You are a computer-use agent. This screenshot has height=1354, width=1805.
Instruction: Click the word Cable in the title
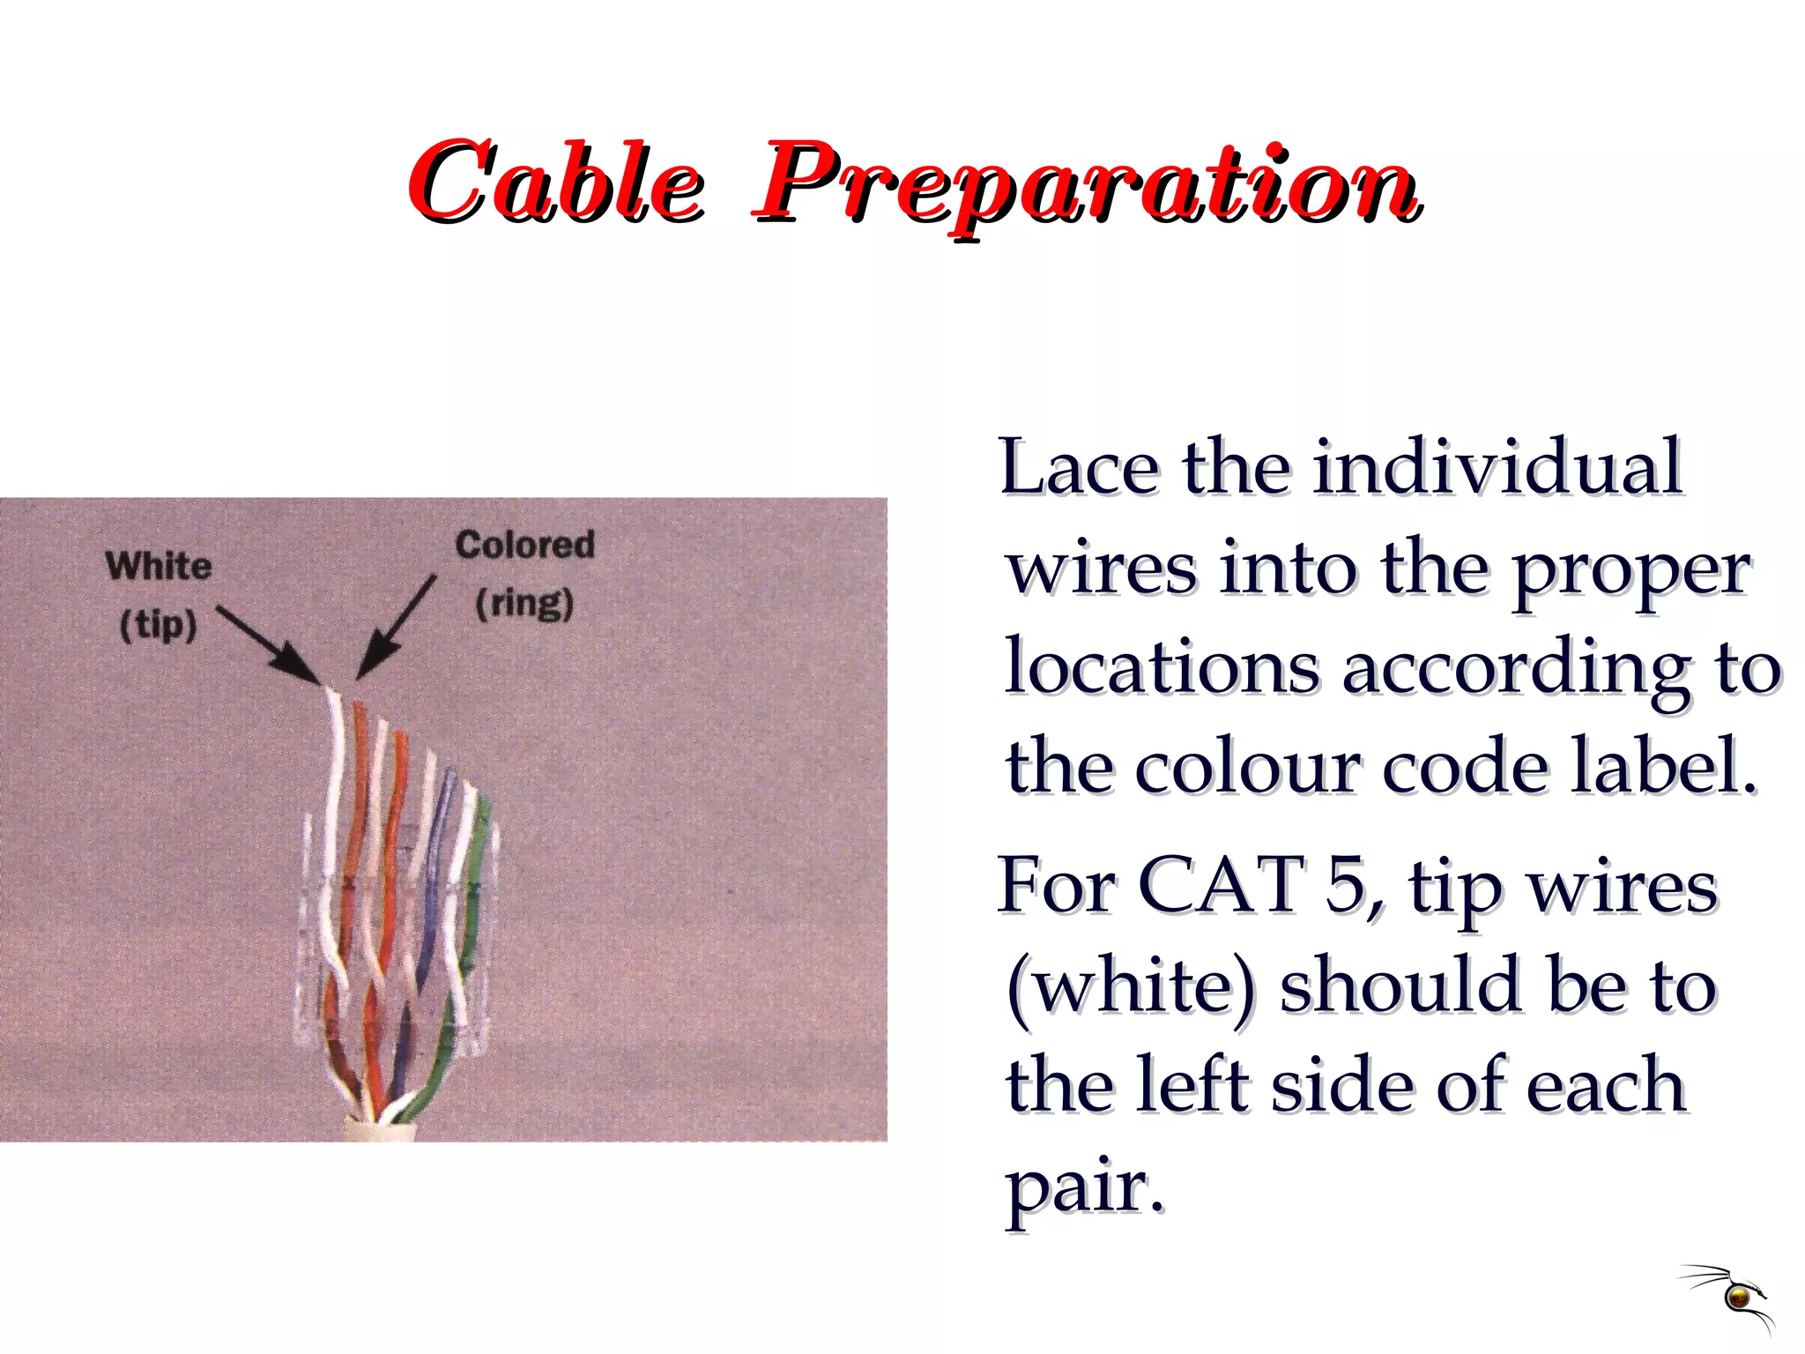click(x=555, y=183)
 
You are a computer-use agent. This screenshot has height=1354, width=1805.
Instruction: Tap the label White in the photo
click(x=159, y=566)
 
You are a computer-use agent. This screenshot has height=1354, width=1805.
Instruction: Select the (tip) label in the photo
click(x=158, y=625)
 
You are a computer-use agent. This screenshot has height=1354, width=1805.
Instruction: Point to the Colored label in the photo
click(x=524, y=544)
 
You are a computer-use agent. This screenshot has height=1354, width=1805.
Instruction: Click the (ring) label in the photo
click(x=524, y=604)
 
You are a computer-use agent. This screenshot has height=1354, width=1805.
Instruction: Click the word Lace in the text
click(x=1079, y=467)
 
